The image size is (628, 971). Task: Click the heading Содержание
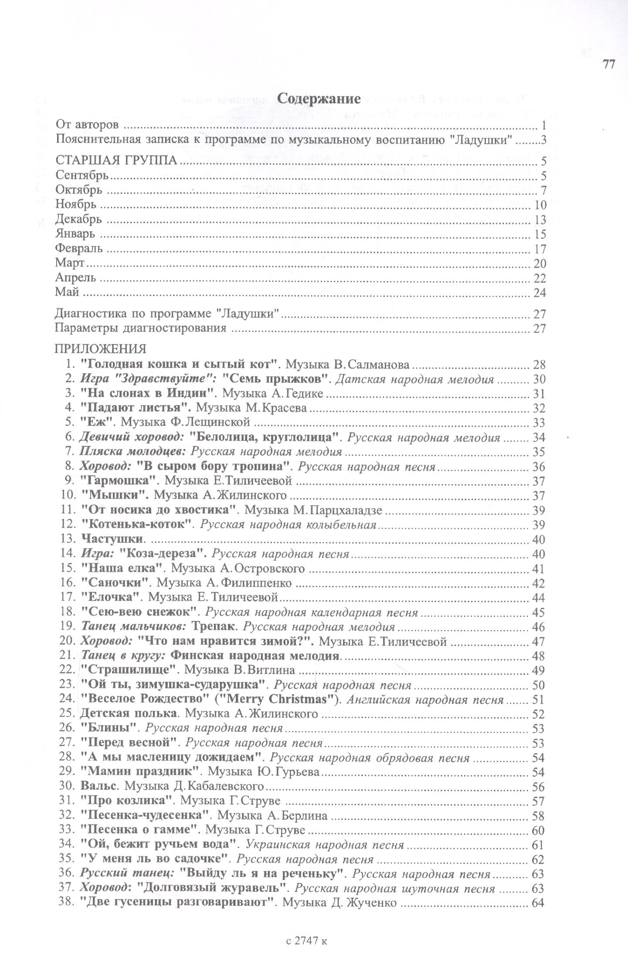point(319,99)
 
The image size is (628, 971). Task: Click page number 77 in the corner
point(608,64)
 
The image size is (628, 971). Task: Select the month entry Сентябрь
point(82,176)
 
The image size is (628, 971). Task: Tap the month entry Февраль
point(79,249)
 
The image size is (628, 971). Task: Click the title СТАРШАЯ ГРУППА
point(116,161)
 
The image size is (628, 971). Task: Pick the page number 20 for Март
point(540,264)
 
